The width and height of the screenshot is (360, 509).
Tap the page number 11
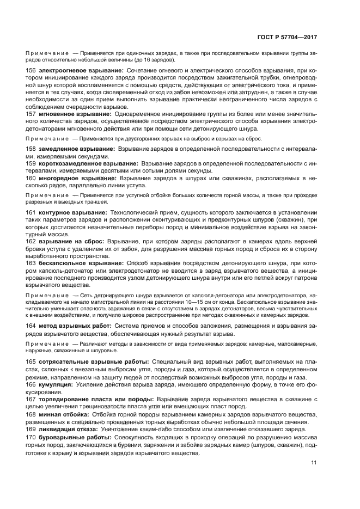click(314, 463)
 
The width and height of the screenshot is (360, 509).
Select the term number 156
click(31, 71)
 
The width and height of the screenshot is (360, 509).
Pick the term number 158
click(31, 149)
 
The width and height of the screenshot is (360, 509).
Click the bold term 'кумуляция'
click(56, 384)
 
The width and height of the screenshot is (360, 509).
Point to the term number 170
click(31, 437)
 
